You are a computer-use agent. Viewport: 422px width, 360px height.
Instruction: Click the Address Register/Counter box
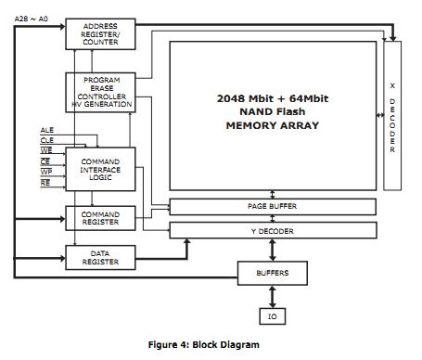100,34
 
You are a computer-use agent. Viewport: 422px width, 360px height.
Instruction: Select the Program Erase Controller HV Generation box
100,93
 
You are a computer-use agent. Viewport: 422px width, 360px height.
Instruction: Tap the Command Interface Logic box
100,170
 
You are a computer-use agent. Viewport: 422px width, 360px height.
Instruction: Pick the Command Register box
100,219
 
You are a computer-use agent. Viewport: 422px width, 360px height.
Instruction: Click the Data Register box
100,257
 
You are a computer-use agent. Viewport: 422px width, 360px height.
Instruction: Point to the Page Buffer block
272,206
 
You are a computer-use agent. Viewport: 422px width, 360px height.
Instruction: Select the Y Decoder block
272,229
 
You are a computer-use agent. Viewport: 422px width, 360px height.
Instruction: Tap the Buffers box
272,273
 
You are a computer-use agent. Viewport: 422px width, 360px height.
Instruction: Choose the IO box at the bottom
272,316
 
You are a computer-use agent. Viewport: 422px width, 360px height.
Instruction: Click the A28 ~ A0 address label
31,18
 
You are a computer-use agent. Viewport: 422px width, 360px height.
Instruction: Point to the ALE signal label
46,130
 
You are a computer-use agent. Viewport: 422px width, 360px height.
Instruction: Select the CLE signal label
46,140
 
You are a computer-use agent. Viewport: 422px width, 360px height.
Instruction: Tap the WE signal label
46,150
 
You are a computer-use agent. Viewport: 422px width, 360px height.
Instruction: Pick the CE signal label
46,161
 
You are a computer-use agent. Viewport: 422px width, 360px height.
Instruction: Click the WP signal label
46,172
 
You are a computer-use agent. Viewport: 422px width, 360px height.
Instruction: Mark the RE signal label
46,183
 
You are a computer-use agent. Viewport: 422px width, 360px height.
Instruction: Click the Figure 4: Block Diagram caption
204,344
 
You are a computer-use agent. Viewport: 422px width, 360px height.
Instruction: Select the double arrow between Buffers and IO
272,296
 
